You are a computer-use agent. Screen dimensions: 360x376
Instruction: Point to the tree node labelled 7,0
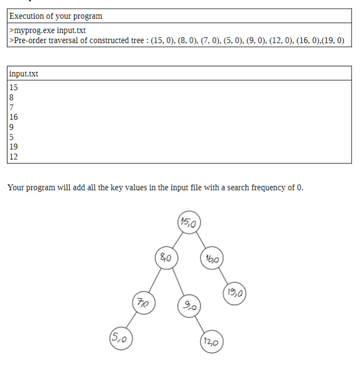(x=143, y=302)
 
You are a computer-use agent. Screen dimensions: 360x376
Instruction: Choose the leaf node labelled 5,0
(x=120, y=337)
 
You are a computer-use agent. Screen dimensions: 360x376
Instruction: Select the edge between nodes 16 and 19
(x=224, y=277)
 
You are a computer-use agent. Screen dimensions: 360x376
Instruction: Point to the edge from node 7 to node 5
(x=132, y=320)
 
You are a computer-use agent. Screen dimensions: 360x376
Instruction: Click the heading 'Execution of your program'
(x=56, y=16)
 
